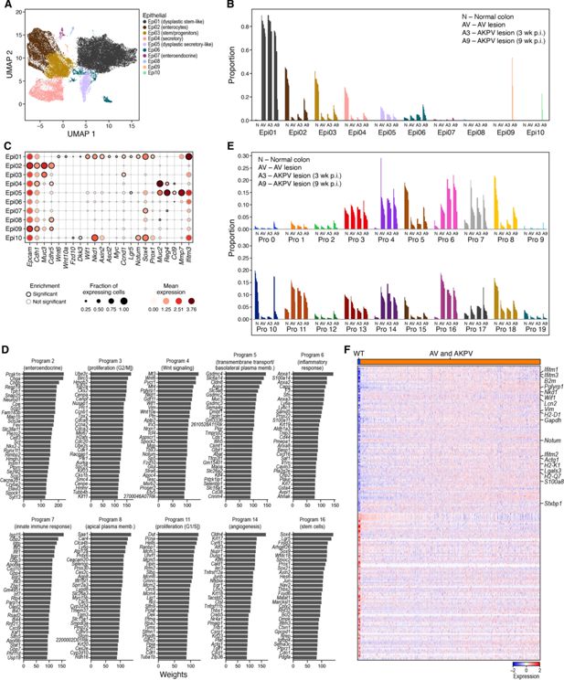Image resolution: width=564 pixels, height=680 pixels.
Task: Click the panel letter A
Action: pyautogui.click(x=6, y=6)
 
